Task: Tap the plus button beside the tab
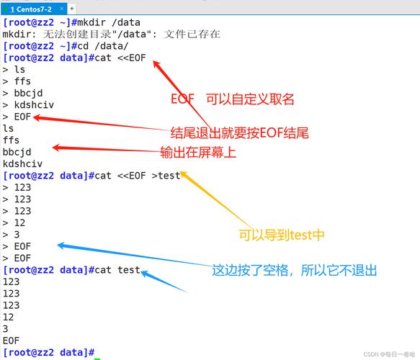click(71, 7)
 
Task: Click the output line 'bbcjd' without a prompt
click(17, 151)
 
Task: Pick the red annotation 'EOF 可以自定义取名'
click(232, 99)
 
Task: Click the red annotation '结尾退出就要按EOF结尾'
click(239, 133)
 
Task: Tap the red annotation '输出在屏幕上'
click(198, 152)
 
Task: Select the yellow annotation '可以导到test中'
click(282, 235)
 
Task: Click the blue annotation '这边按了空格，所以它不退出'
click(294, 270)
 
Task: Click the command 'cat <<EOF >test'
click(138, 175)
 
